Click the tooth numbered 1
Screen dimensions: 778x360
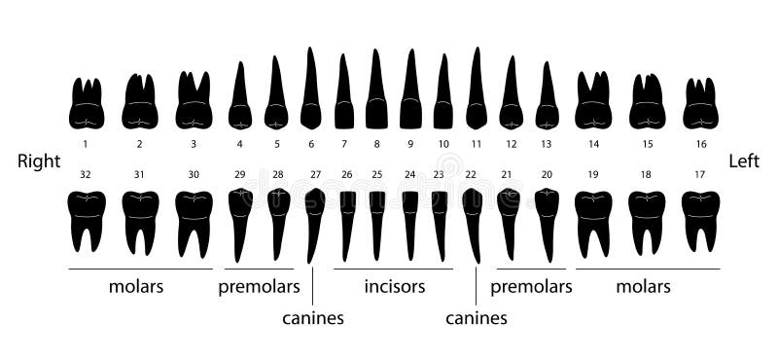(86, 105)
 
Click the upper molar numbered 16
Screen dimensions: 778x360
(700, 105)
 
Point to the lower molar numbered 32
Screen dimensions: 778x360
(86, 219)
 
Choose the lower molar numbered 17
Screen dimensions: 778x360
(700, 219)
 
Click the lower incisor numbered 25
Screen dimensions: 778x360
(377, 222)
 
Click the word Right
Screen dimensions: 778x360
(39, 162)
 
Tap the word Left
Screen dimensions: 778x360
(744, 162)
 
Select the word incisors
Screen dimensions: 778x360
(395, 287)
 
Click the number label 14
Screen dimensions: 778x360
(593, 144)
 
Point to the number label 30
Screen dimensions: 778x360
(194, 174)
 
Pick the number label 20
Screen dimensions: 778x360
(547, 174)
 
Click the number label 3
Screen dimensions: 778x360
(194, 144)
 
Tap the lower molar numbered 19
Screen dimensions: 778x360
(592, 219)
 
